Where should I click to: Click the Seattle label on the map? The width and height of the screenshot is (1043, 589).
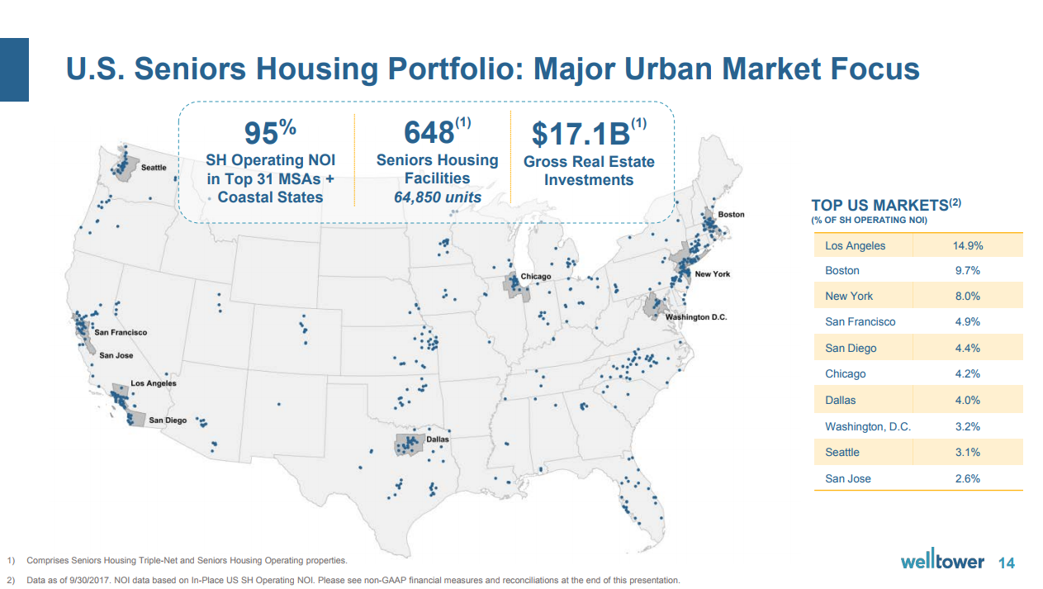coord(154,168)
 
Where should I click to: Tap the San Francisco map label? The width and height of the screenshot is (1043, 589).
coord(121,332)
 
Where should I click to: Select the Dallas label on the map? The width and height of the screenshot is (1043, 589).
coord(438,439)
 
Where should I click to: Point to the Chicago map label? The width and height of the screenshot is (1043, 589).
coord(535,277)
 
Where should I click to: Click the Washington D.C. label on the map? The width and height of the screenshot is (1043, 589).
coord(696,317)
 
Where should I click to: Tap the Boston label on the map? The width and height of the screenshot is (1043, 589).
coord(731,215)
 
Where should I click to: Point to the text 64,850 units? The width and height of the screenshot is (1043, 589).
coord(438,197)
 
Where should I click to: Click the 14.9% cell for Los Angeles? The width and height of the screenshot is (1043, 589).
coord(967,245)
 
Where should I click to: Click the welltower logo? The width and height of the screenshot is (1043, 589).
coord(942,562)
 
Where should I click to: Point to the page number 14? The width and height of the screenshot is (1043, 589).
coord(1007,563)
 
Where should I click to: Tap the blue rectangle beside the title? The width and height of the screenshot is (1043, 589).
coord(14,69)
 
